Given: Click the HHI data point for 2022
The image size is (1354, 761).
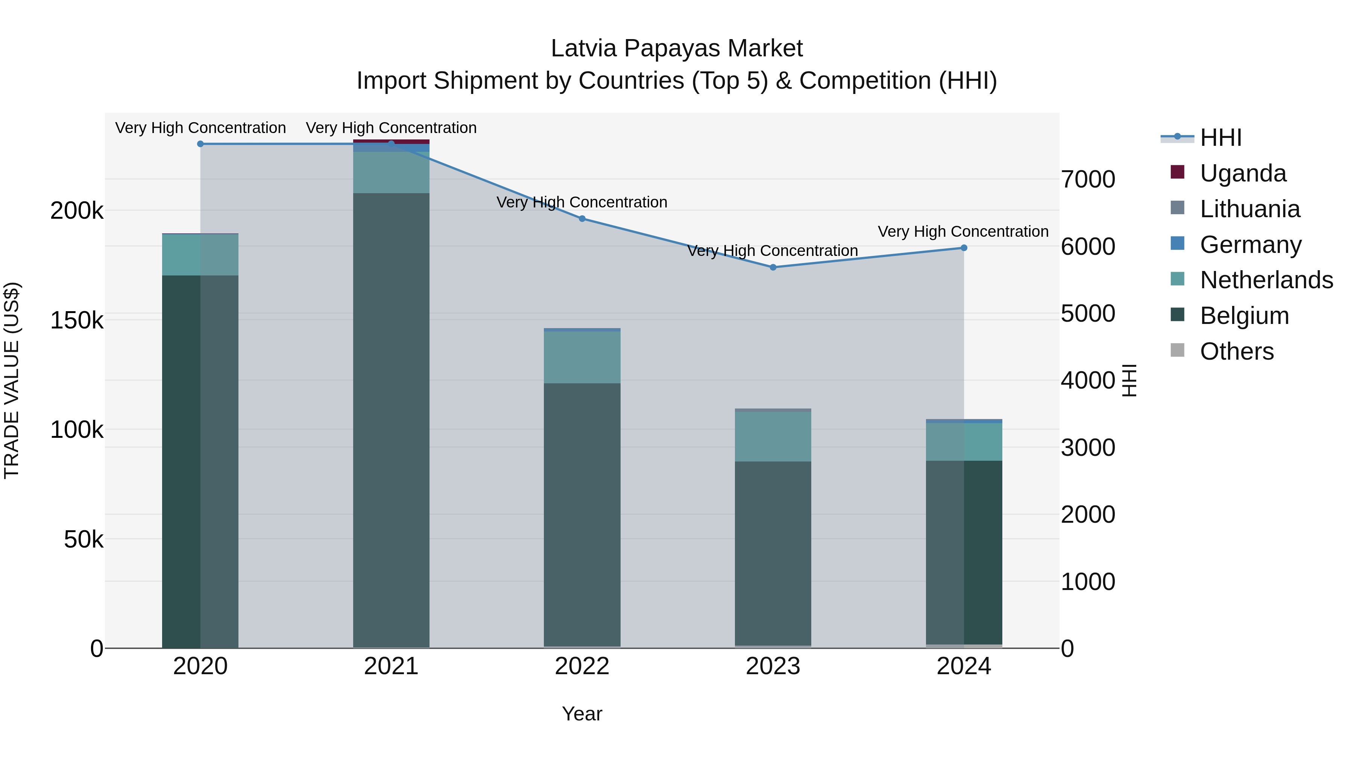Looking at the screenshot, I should pos(582,218).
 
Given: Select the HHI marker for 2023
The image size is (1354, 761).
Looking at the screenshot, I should pos(773,267).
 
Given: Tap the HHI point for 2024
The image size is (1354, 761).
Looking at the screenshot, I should pos(964,248).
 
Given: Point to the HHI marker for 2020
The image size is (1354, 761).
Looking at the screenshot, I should pos(200,144).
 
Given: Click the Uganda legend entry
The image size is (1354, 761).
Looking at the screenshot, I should pos(1243,173).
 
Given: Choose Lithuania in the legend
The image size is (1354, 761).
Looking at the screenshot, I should pos(1249,209).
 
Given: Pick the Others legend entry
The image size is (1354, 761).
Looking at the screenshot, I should pos(1236,351).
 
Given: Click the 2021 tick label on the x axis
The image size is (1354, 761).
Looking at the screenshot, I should pos(391,666).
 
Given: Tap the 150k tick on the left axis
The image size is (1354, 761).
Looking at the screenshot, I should pos(77,320).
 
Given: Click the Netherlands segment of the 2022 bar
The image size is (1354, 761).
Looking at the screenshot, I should pos(582,357).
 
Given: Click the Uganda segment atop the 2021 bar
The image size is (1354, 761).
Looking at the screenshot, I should pos(391,141).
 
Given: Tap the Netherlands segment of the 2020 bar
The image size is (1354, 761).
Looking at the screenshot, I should pos(200,255).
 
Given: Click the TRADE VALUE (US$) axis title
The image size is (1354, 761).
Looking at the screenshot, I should pos(12,381).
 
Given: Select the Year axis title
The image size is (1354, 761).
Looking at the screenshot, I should pos(582,714).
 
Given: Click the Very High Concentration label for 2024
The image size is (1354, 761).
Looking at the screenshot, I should pos(963,231).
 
